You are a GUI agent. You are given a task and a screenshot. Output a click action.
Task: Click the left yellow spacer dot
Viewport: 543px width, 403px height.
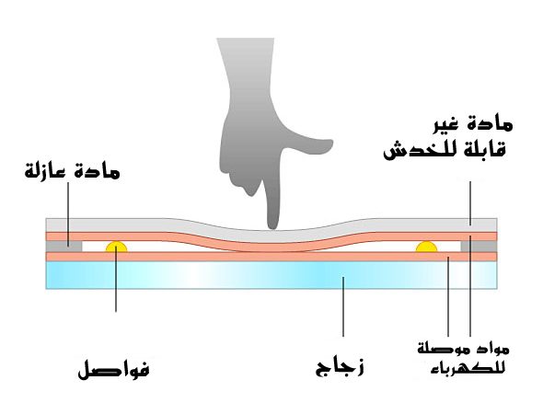coord(116,247)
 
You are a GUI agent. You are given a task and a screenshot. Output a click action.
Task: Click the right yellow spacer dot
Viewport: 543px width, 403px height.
coord(426,247)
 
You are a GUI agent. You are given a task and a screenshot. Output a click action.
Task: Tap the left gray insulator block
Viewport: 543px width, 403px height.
coord(64,247)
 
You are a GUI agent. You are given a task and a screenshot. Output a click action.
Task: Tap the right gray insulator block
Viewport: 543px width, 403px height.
coord(479,247)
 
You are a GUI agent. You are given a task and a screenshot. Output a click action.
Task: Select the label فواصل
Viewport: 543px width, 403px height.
coord(113,369)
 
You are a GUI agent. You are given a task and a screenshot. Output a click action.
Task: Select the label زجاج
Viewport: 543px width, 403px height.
coord(340,367)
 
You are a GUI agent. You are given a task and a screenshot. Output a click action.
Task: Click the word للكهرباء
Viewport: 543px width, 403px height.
coord(468,368)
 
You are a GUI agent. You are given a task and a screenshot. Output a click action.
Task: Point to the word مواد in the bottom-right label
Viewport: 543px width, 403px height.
coord(486,349)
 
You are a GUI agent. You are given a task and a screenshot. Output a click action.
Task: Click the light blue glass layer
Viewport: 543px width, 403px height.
coord(271,275)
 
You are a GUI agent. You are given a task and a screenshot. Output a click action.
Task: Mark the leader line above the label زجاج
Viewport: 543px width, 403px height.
coord(343,306)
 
